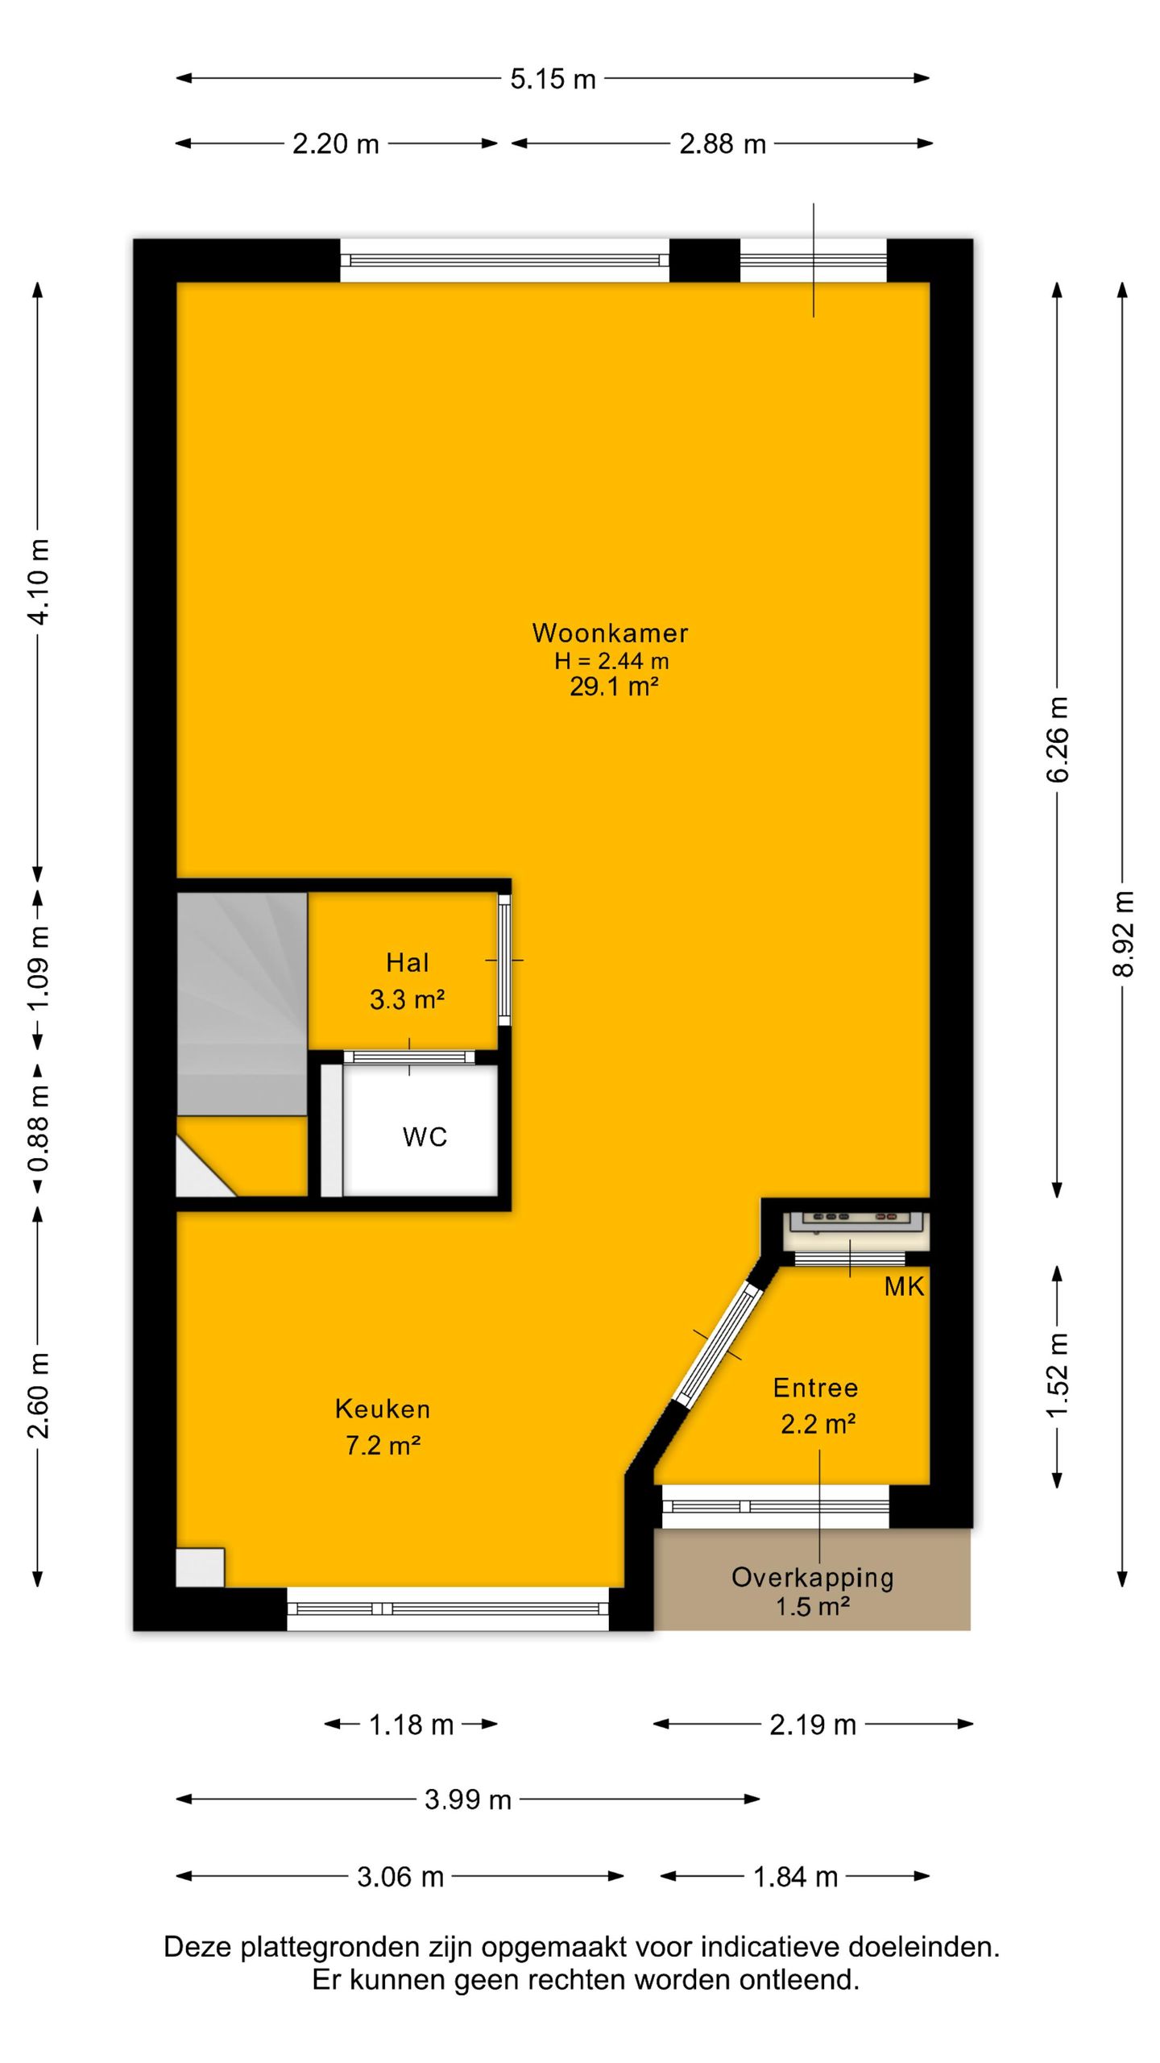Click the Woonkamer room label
tap(610, 633)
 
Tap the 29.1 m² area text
tap(614, 687)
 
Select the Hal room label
tap(408, 962)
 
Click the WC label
tap(425, 1137)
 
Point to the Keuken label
tap(383, 1409)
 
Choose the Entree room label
tap(815, 1388)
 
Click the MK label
tap(904, 1286)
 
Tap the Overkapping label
tap(813, 1578)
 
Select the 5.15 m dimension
tap(553, 79)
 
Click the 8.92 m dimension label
tap(1123, 934)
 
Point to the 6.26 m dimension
tap(1058, 739)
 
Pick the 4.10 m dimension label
tap(38, 581)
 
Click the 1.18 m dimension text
tap(411, 1725)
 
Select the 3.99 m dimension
tap(468, 1799)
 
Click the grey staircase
tap(242, 1003)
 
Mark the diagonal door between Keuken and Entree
tap(719, 1344)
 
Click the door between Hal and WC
tap(409, 1057)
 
